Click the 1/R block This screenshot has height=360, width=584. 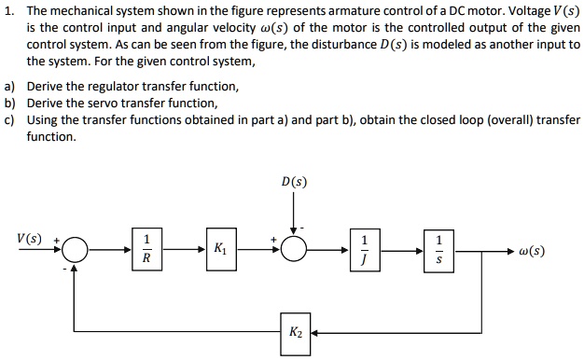click(146, 250)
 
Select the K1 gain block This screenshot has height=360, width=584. click(220, 250)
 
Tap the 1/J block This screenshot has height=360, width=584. click(365, 250)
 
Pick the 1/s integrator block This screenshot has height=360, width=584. click(438, 250)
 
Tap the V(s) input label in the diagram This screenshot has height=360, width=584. click(29, 239)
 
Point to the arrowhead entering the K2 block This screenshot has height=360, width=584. click(314, 331)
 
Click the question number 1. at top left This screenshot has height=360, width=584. click(9, 10)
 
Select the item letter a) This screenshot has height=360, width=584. click(10, 86)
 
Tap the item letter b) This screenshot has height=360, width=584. click(10, 103)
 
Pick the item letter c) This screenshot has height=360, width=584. click(10, 120)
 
